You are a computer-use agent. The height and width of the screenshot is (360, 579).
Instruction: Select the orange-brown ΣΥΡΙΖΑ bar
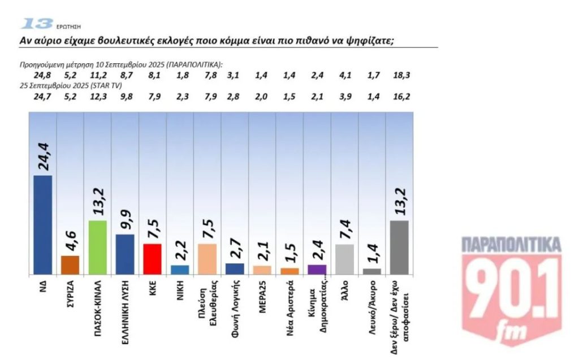[x=70, y=264]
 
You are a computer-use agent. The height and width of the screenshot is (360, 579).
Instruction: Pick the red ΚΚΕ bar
[x=152, y=259]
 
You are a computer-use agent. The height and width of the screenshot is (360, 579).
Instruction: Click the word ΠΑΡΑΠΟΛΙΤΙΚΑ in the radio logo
[x=511, y=245]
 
